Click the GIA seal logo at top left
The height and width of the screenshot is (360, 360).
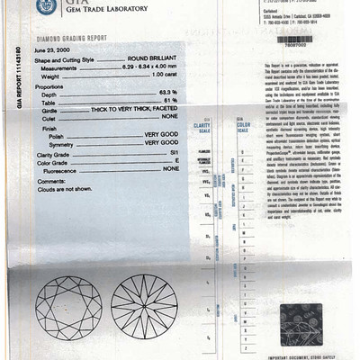pyautogui.click(x=43, y=9)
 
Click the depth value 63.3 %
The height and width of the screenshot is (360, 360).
pyautogui.click(x=168, y=94)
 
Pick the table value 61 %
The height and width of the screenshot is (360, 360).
pyautogui.click(x=171, y=101)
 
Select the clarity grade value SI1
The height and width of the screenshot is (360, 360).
pyautogui.click(x=172, y=151)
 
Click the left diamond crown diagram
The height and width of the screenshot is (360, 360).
pyautogui.click(x=68, y=305)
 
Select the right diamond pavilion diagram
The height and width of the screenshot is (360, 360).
pyautogui.click(x=144, y=305)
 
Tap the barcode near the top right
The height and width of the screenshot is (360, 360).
pyautogui.click(x=296, y=40)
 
